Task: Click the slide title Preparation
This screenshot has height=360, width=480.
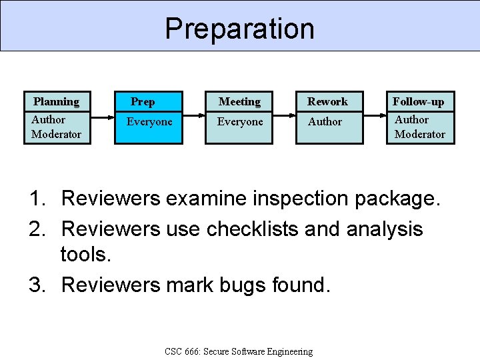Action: pyautogui.click(x=239, y=29)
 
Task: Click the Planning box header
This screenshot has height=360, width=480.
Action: pyautogui.click(x=56, y=101)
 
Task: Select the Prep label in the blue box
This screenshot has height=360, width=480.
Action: pyautogui.click(x=143, y=101)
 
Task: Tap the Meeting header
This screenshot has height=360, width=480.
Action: pyautogui.click(x=239, y=101)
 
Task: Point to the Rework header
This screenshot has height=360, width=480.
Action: pyautogui.click(x=327, y=101)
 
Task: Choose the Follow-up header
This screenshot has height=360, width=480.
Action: pyautogui.click(x=418, y=101)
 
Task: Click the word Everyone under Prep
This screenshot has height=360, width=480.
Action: pyautogui.click(x=149, y=122)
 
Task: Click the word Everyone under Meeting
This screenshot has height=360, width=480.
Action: pyautogui.click(x=240, y=122)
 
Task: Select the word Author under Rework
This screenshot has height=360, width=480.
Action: pyautogui.click(x=325, y=122)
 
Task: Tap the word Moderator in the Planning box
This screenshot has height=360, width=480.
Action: pyautogui.click(x=57, y=134)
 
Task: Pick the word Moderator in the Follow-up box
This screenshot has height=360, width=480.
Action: pyautogui.click(x=420, y=134)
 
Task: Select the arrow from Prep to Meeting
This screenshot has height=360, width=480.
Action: pyautogui.click(x=193, y=117)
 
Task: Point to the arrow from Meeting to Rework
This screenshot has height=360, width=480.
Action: pyautogui.click(x=285, y=117)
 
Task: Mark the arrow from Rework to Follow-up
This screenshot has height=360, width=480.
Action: pyautogui.click(x=375, y=117)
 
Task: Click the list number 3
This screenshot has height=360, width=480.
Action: pyautogui.click(x=37, y=285)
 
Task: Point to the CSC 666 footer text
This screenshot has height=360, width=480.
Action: pyautogui.click(x=238, y=351)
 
